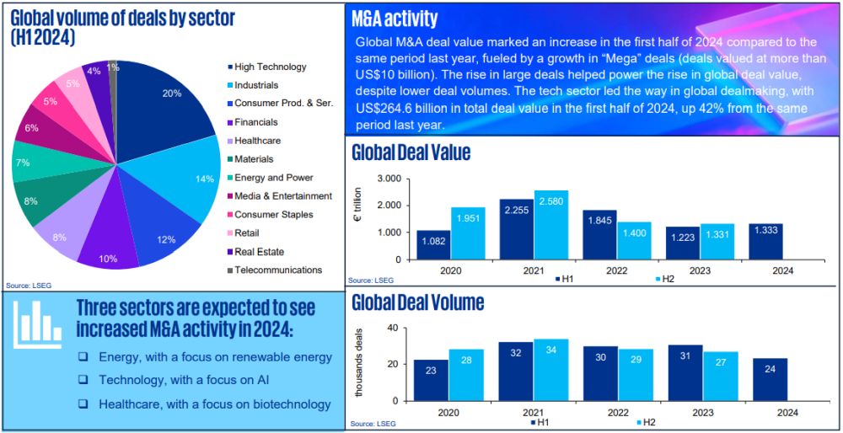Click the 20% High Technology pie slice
coord(169,101)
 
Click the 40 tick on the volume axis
coord(391,328)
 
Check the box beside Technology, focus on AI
coord(83,380)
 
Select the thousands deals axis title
coord(360,361)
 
